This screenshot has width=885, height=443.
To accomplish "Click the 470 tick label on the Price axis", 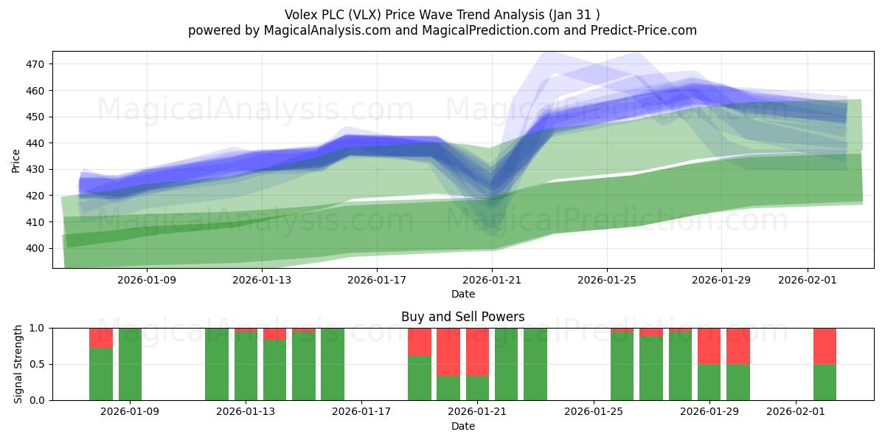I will (x=35, y=64).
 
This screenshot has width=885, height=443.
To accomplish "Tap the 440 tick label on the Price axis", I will (x=35, y=143).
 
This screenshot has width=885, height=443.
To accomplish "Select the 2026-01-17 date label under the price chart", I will (x=377, y=280).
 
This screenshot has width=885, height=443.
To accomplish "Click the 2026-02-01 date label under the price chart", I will (x=808, y=280).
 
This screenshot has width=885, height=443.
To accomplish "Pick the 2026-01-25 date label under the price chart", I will (x=607, y=280).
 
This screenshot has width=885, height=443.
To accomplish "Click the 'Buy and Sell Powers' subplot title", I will (x=462, y=317).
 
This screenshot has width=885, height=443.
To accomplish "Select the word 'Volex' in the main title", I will (x=302, y=15).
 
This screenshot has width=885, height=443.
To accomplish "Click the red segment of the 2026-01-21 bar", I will (x=477, y=351).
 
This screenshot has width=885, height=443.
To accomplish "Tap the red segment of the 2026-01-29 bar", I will (x=709, y=346).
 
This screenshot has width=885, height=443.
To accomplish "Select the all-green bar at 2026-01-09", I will (x=130, y=364).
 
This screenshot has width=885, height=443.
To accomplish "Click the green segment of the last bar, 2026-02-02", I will (x=825, y=382).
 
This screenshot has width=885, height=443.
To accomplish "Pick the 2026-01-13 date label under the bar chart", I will (x=246, y=412).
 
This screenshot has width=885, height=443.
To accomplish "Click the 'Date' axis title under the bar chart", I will (x=462, y=426).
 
